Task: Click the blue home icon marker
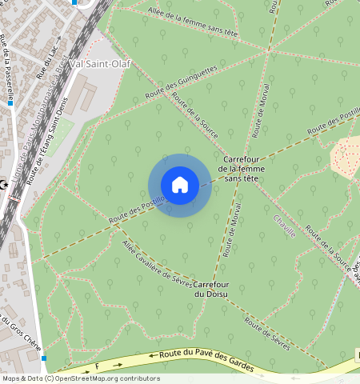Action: pos(180,185)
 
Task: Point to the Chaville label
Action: pos(284,226)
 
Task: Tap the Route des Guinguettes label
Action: pos(181,83)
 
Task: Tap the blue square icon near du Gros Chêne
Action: pos(45,358)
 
